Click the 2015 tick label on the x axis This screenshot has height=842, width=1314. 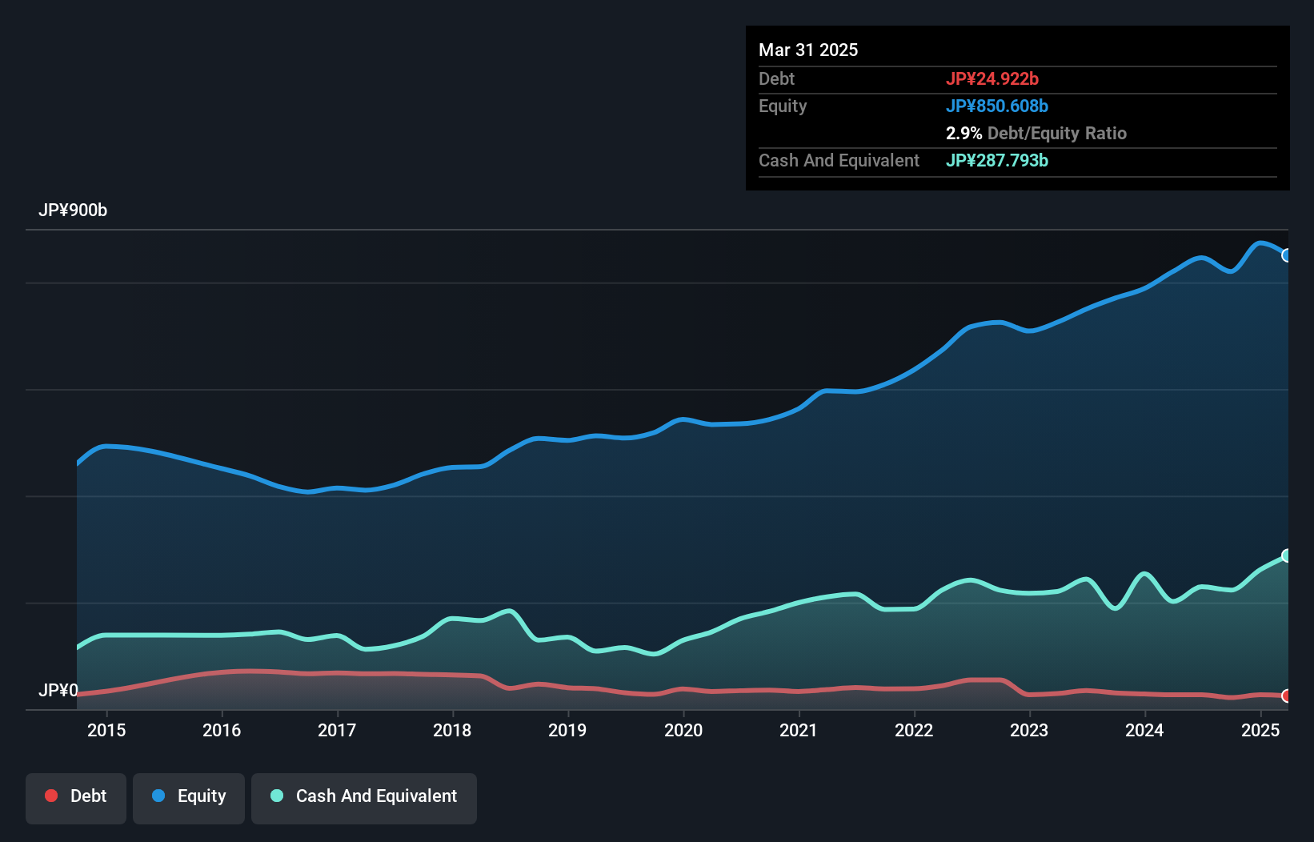click(x=106, y=730)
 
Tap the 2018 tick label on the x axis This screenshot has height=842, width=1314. click(x=452, y=730)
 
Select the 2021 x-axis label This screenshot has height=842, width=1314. click(x=799, y=730)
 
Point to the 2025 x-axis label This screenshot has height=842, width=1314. click(x=1260, y=730)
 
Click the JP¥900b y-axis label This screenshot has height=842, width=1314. click(x=73, y=210)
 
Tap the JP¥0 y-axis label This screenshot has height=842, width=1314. click(x=58, y=690)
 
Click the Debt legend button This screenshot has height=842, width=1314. click(x=76, y=796)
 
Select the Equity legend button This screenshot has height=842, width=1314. click(x=189, y=796)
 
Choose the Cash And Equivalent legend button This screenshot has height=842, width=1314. click(x=364, y=796)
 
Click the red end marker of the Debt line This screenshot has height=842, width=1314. click(x=1287, y=696)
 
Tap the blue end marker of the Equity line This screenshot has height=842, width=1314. click(x=1287, y=255)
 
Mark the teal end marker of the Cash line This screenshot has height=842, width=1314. click(x=1287, y=555)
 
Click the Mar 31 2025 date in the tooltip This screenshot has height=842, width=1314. click(x=808, y=50)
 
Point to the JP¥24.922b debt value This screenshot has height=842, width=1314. click(x=992, y=78)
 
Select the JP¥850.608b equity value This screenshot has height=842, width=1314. click(x=997, y=106)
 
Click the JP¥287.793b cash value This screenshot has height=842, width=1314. click(x=997, y=160)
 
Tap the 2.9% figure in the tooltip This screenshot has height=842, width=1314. click(x=963, y=133)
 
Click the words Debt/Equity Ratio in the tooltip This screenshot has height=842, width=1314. click(x=1057, y=133)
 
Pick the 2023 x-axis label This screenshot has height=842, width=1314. click(x=1029, y=730)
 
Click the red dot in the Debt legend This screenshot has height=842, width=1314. click(x=51, y=796)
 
